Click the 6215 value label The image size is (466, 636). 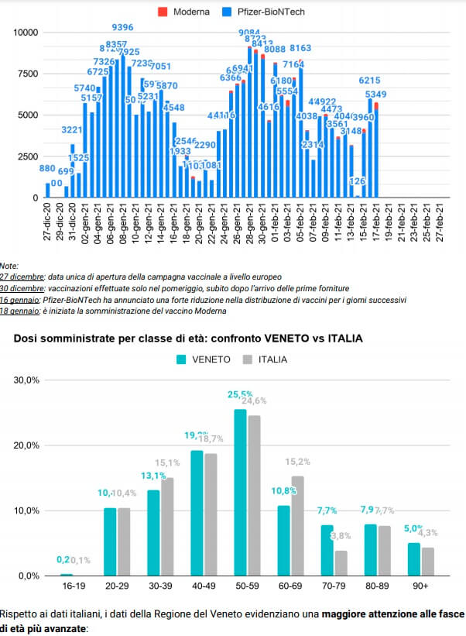click(x=368, y=81)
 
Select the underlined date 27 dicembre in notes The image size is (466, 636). click(x=21, y=277)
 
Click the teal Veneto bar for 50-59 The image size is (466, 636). click(x=240, y=493)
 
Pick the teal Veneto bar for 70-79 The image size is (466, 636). click(x=327, y=550)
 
